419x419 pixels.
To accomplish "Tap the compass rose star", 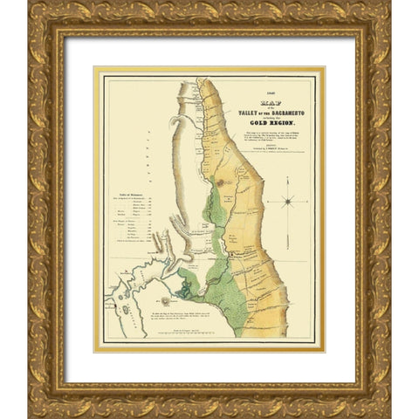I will (287, 202).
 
